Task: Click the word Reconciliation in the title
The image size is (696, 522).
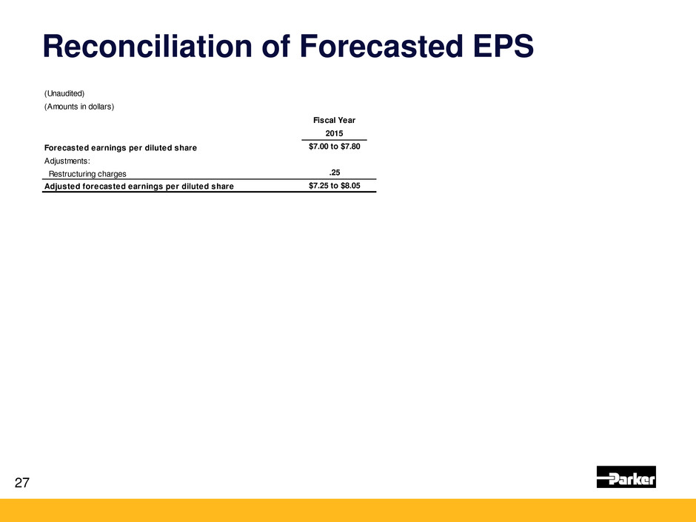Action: click(x=147, y=46)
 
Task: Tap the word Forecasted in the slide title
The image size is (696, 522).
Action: click(x=381, y=46)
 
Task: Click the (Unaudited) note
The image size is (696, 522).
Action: click(x=64, y=93)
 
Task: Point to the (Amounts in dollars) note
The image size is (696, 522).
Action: click(x=79, y=107)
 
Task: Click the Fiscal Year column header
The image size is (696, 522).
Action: click(x=334, y=120)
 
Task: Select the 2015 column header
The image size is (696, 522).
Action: click(x=334, y=133)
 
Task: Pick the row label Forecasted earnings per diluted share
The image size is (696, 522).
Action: click(x=121, y=148)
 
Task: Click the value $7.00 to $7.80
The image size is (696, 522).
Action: click(x=335, y=147)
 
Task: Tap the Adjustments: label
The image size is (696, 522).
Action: click(x=67, y=161)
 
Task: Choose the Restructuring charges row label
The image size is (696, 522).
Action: click(x=87, y=174)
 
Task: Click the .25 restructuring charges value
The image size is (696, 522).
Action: click(x=335, y=173)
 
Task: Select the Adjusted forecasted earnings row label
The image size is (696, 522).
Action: click(x=139, y=187)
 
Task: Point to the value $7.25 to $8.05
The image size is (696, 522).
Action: click(x=335, y=186)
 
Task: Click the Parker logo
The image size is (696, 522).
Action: click(x=626, y=477)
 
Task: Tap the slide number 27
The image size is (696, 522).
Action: click(x=22, y=483)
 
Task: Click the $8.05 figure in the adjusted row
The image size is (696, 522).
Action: click(x=351, y=186)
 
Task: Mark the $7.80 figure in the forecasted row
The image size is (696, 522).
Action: click(x=351, y=147)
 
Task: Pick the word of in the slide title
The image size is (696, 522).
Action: click(x=275, y=46)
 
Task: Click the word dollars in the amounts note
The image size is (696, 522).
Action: click(x=101, y=107)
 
